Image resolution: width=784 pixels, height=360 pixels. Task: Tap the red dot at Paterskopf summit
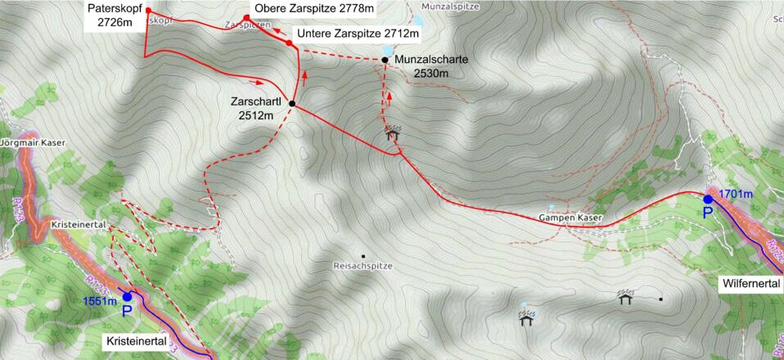[x=148, y=11]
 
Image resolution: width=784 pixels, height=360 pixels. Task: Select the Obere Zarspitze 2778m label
[x=314, y=9]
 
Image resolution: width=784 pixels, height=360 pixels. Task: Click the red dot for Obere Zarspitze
[x=246, y=18]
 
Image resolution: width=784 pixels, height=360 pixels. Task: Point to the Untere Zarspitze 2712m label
[x=358, y=34]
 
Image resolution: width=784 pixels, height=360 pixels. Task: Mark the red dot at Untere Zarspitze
[x=289, y=43]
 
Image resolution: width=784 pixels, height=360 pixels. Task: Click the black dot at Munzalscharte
[x=385, y=60]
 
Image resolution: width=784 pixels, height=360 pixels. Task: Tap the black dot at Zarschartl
[x=292, y=104]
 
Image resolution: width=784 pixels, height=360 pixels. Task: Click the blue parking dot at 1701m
[x=708, y=199]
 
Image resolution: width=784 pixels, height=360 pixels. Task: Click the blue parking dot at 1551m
[x=127, y=297]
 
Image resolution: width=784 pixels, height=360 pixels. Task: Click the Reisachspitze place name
[x=364, y=267]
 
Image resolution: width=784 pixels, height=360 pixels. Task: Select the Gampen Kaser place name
[x=570, y=218]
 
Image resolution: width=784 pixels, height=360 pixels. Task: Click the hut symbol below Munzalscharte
[x=393, y=133]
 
